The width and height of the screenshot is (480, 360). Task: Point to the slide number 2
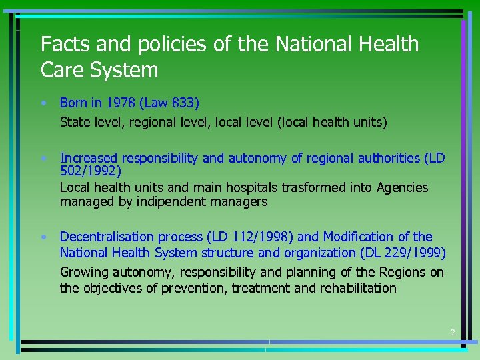tap(452, 332)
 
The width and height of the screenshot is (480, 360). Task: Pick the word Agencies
tap(402, 187)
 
